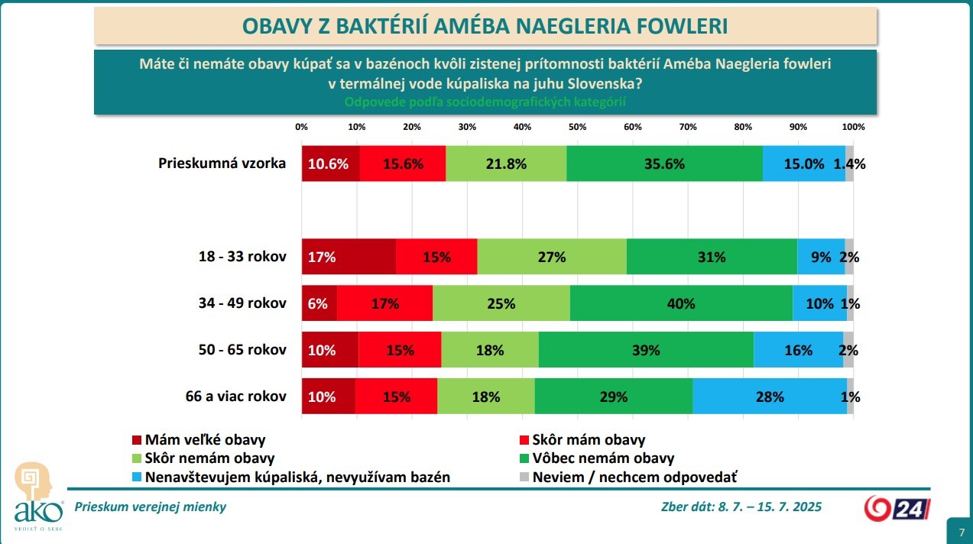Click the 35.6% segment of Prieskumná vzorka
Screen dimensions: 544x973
coord(664,164)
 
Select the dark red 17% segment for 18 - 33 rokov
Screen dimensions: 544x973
coord(349,257)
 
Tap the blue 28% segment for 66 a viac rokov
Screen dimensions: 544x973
coord(769,397)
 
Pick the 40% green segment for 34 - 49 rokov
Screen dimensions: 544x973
coord(680,303)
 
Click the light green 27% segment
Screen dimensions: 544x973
coord(551,257)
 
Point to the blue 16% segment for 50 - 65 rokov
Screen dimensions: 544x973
coord(798,350)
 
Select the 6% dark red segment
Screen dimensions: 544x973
coord(319,303)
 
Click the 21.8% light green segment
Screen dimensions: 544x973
coord(505,164)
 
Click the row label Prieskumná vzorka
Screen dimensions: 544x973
coord(222,163)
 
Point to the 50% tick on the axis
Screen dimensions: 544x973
coord(577,127)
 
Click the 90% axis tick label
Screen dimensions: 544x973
coord(798,127)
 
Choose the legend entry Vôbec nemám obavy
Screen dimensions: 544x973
coord(603,458)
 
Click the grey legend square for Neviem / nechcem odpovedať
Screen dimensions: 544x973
coord(524,478)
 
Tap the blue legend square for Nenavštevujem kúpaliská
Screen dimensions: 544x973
coord(137,478)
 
